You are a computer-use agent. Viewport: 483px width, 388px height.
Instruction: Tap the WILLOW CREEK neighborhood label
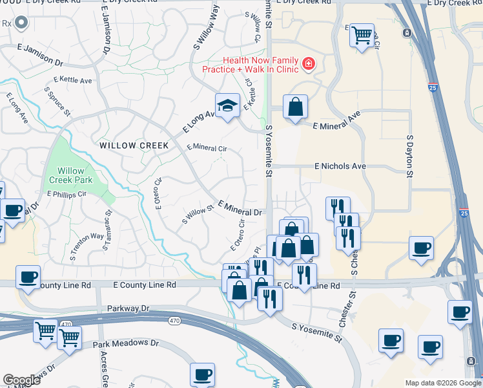tap(134, 145)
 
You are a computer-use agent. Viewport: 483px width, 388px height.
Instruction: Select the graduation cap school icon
tap(227, 105)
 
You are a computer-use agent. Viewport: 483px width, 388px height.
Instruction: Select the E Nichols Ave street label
tap(340, 166)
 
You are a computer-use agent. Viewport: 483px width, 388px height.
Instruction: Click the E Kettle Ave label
tap(73, 80)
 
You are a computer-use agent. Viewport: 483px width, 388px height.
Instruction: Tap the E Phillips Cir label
tap(67, 193)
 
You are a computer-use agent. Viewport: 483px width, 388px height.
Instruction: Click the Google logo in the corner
tap(21, 380)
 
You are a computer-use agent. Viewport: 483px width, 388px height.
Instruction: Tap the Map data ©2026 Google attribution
tap(442, 383)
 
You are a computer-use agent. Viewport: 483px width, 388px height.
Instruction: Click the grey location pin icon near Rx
tap(21, 24)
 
